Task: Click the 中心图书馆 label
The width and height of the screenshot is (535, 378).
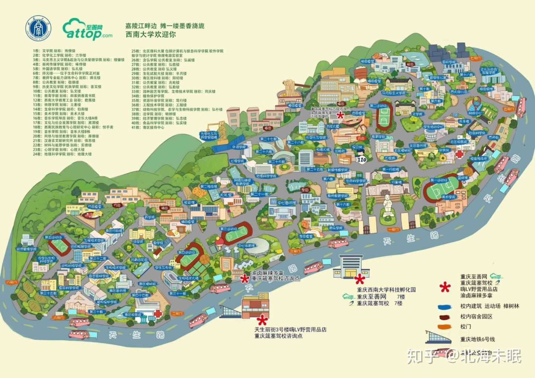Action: point(287,203)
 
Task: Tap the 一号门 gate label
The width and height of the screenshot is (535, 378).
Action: point(393,229)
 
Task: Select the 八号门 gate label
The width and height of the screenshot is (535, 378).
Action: point(12,282)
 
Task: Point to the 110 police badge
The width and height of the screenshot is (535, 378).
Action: point(361,159)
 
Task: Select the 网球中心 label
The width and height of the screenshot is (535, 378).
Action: point(474,113)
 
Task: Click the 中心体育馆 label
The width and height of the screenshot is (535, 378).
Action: point(246,245)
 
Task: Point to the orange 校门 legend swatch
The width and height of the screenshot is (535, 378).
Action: point(444,327)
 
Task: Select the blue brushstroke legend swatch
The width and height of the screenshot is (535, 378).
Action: point(444,307)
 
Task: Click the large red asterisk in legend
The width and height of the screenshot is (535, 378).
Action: point(445,286)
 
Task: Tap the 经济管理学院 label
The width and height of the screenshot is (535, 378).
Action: point(27,249)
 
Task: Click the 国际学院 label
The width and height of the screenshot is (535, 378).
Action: point(449,62)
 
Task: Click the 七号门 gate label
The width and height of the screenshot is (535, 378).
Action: point(475,58)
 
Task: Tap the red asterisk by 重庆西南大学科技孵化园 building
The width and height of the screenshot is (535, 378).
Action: point(359,279)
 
